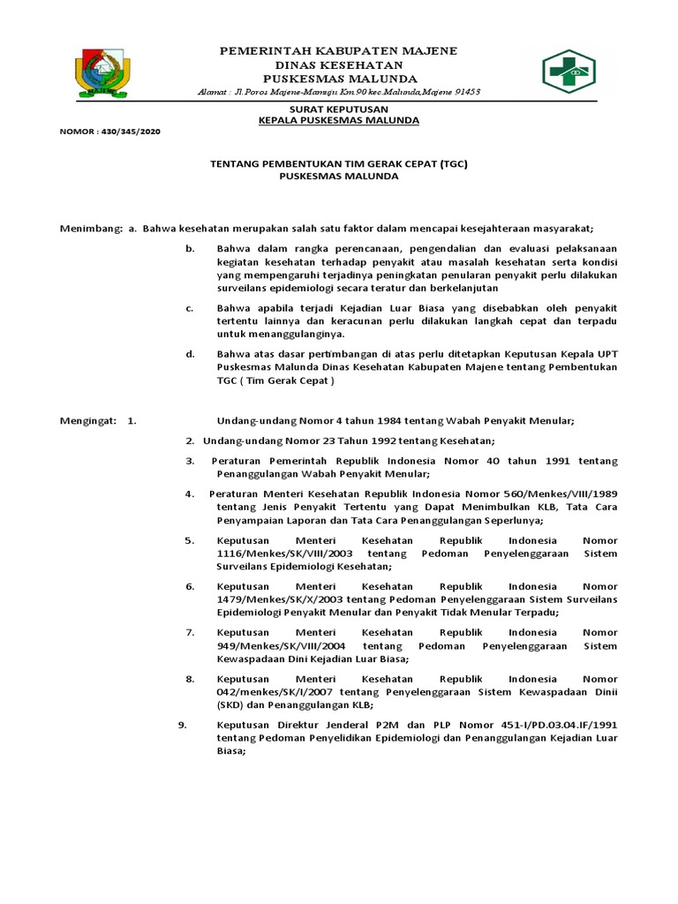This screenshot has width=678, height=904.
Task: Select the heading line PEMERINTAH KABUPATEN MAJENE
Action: [x=338, y=51]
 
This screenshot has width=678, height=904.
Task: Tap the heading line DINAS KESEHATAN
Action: [x=338, y=65]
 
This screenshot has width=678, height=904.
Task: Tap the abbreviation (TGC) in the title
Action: [x=456, y=163]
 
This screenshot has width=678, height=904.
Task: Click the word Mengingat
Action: [x=87, y=422]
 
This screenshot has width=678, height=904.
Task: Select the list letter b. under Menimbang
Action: [x=190, y=250]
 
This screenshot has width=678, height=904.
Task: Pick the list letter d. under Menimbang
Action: [x=190, y=355]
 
